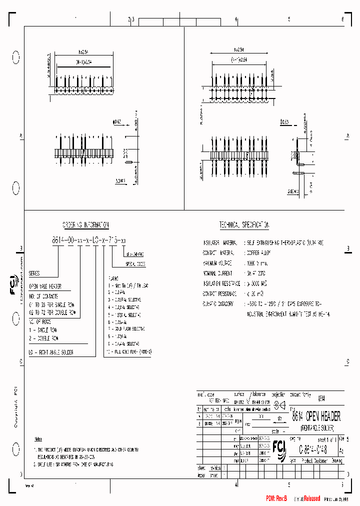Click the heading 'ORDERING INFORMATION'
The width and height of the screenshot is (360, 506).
[x=85, y=225]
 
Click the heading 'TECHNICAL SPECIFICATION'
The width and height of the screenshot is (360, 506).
[x=244, y=225]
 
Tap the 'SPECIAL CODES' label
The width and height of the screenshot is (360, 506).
[x=135, y=263]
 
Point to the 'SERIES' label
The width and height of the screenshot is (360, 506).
[x=34, y=274]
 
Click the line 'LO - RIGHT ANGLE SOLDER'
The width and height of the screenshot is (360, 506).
[x=50, y=352]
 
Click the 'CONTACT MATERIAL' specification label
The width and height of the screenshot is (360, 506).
[x=218, y=253]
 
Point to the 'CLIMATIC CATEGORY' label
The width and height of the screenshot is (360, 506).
[x=218, y=303]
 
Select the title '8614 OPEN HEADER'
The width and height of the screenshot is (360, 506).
[x=316, y=416]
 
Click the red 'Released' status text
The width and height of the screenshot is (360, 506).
[x=309, y=498]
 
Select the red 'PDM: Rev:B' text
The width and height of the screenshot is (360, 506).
[x=276, y=498]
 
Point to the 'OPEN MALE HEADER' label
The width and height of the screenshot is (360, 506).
[x=45, y=287]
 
